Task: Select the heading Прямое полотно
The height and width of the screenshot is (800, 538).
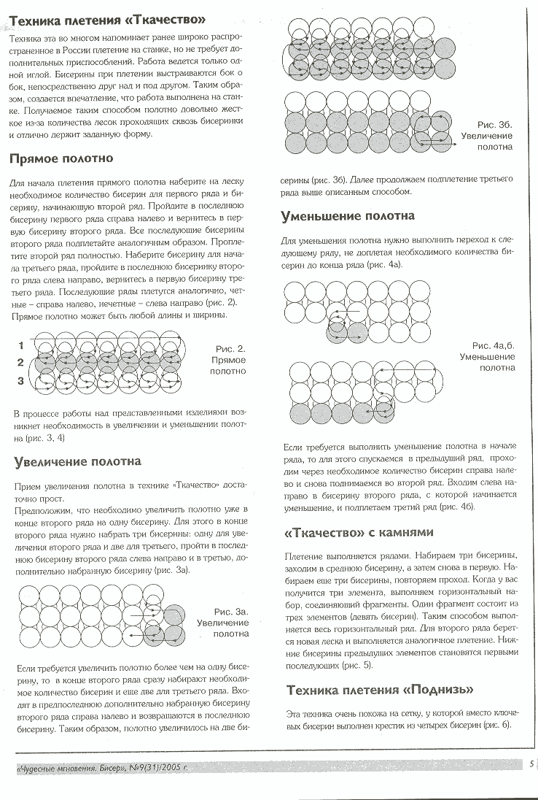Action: coord(61,158)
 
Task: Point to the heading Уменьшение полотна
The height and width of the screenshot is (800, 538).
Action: coord(348,216)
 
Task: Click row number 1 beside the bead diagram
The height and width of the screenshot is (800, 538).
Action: coord(21,344)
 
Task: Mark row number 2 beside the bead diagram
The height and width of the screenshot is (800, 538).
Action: coord(21,362)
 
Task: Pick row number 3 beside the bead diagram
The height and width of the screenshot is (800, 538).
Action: coord(21,380)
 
